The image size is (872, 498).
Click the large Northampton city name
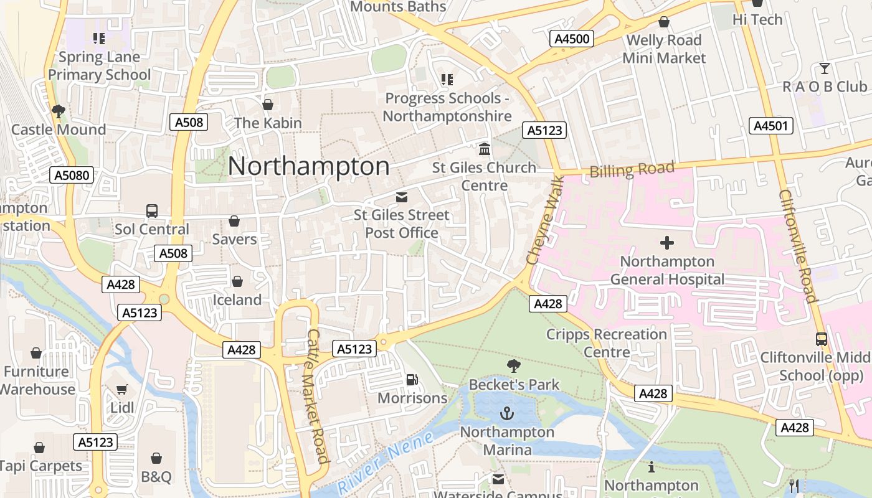pyautogui.click(x=309, y=167)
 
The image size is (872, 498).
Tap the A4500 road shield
pyautogui.click(x=572, y=39)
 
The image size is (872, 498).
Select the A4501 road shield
pyautogui.click(x=771, y=126)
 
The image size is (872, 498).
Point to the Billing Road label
pyautogui.click(x=632, y=169)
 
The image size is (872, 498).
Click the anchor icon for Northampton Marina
pyautogui.click(x=507, y=413)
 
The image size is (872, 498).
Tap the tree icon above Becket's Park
pyautogui.click(x=513, y=366)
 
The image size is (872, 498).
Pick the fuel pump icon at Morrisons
pyautogui.click(x=412, y=379)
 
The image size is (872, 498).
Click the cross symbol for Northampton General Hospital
pyautogui.click(x=667, y=243)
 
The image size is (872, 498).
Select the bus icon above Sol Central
pyautogui.click(x=152, y=210)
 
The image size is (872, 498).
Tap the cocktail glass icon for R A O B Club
pyautogui.click(x=825, y=68)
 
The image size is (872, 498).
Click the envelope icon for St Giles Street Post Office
pyautogui.click(x=402, y=197)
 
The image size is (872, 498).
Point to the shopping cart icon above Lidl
pyautogui.click(x=122, y=390)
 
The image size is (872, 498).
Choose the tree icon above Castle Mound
pyautogui.click(x=59, y=111)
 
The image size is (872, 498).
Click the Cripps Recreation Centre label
pyautogui.click(x=606, y=343)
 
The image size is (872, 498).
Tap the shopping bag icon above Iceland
pyautogui.click(x=237, y=281)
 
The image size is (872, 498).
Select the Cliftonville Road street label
pyautogui.click(x=797, y=246)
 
